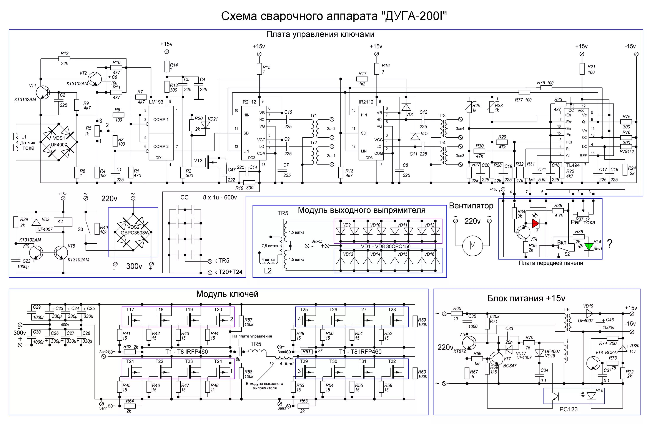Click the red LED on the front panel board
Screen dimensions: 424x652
coord(535,223)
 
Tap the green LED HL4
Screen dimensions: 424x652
coord(589,246)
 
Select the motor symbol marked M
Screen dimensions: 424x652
coord(472,246)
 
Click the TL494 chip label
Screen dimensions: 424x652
coord(573,165)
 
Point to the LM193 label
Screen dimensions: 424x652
coord(156,102)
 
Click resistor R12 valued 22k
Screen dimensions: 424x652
coord(64,58)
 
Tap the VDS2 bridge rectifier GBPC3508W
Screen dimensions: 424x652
coord(133,232)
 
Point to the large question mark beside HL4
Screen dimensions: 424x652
coord(610,243)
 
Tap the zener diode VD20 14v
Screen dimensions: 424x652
coord(623,348)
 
